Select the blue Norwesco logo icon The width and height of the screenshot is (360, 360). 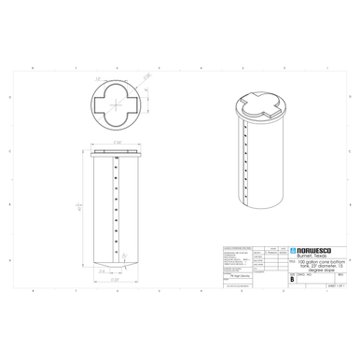pyautogui.click(x=293, y=251)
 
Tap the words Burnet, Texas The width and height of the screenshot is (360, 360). pyautogui.click(x=312, y=257)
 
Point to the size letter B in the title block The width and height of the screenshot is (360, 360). pyautogui.click(x=292, y=278)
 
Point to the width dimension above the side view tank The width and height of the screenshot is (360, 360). pyautogui.click(x=117, y=142)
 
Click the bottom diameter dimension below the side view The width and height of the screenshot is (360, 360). pyautogui.click(x=116, y=277)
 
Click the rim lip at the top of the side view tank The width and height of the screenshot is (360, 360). pyautogui.click(x=116, y=148)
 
